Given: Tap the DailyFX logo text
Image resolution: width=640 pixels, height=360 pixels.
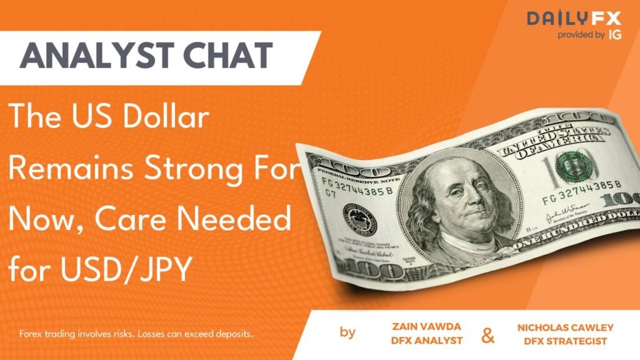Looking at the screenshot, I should click(x=573, y=19).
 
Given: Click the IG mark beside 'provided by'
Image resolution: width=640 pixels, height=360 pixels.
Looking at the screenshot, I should click(x=616, y=35).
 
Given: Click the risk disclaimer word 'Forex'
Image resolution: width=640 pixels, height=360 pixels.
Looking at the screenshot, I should click(x=31, y=334).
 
